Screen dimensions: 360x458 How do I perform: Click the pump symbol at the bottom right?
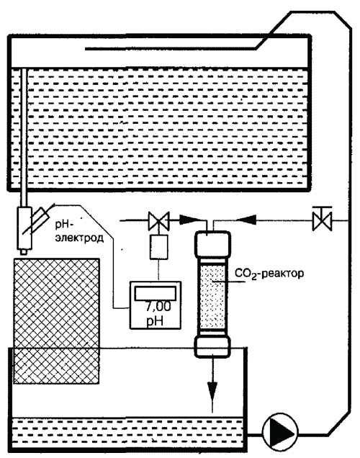tap(280, 431)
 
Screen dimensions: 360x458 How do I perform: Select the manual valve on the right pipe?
tap(322, 219)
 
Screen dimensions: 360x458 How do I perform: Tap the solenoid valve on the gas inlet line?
tap(158, 220)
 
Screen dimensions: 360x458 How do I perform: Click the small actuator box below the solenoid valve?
tap(159, 247)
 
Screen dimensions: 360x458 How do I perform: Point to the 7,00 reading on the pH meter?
tap(158, 307)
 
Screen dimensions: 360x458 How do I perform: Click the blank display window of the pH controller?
tap(155, 293)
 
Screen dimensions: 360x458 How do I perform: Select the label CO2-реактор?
tap(269, 274)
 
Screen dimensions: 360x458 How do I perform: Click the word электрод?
tap(79, 238)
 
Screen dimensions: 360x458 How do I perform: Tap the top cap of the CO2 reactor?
tap(212, 244)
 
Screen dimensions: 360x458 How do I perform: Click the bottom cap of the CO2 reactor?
tap(212, 346)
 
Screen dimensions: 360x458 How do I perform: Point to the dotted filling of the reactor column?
tap(212, 296)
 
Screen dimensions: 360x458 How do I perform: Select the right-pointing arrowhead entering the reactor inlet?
tap(187, 220)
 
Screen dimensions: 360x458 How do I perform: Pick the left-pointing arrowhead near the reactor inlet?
tap(246, 220)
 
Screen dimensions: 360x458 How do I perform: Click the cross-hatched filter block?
tap(56, 321)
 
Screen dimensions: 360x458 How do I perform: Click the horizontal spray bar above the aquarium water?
tap(171, 49)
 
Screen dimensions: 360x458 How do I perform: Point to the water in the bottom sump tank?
tap(127, 431)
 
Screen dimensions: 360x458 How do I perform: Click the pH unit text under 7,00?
tap(155, 321)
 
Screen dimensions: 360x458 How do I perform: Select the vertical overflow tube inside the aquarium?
tap(23, 138)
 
